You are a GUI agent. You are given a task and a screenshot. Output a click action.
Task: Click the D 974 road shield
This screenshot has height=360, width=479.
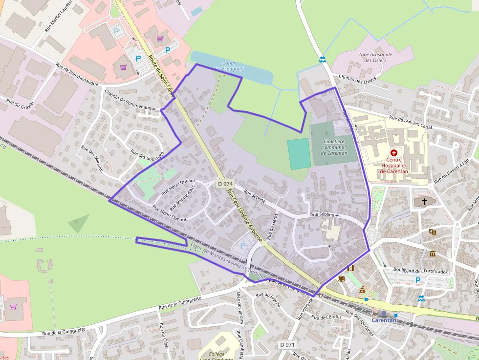tap(225, 184)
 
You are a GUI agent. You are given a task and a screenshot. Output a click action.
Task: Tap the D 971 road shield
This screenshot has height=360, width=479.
tap(287, 345)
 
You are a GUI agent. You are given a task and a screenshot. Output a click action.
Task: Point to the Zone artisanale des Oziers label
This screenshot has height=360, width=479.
tap(375, 57)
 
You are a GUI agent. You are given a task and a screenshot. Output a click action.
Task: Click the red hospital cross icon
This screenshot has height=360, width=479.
tap(394, 152)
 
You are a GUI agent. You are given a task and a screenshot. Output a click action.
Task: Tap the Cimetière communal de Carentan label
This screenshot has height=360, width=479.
tap(334, 147)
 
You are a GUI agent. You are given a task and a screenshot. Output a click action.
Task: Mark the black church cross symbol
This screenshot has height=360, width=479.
tap(425, 201)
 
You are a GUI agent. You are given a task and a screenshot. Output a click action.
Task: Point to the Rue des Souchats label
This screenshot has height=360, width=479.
tap(148, 151)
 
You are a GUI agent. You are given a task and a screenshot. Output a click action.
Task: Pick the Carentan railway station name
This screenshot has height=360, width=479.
tap(384, 320)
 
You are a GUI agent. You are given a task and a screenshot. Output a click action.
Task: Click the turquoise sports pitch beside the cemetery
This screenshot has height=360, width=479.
tap(299, 153)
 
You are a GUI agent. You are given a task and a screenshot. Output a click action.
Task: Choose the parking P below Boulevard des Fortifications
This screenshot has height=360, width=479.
tap(417, 280)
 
